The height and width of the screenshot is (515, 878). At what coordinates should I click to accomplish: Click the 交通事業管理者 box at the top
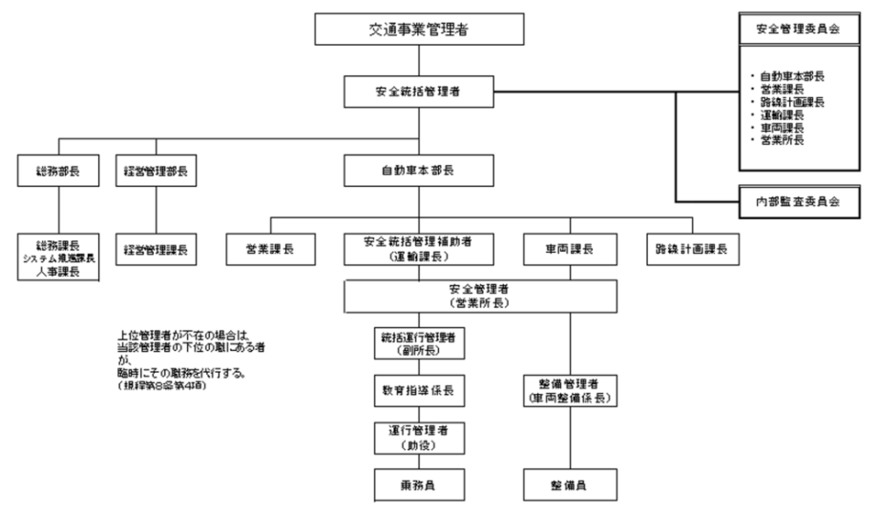[419, 30]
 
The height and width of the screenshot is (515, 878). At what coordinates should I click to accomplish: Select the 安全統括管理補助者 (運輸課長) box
[419, 249]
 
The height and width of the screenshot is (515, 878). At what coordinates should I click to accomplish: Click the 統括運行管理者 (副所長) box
[419, 342]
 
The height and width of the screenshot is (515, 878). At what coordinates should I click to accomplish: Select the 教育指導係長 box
[419, 391]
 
